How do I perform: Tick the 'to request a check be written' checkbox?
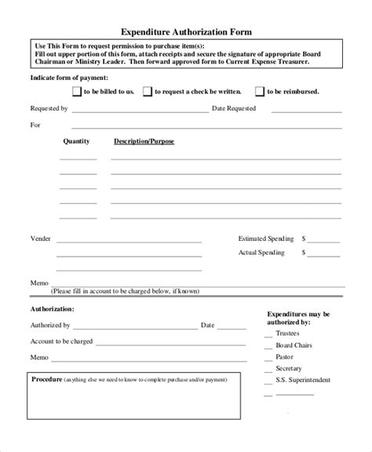click(x=147, y=92)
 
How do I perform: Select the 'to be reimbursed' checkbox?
click(x=260, y=92)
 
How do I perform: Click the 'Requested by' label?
click(x=49, y=109)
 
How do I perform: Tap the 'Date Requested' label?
click(x=234, y=109)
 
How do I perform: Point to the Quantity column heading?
click(x=76, y=141)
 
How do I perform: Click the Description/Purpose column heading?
click(x=144, y=141)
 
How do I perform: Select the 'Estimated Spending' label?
click(x=266, y=237)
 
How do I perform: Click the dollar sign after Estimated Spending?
click(x=305, y=237)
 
